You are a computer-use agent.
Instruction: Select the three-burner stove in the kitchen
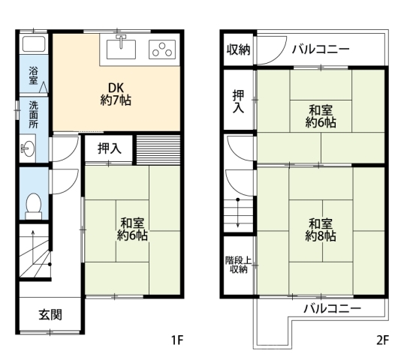[x=162, y=49]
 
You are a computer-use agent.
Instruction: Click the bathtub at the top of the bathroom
[x=34, y=44]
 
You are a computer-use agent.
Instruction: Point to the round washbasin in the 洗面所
[x=28, y=148]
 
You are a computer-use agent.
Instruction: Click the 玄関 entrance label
[x=50, y=315]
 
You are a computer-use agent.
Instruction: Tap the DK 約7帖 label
[x=116, y=94]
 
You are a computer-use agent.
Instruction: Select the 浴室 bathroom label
[x=34, y=76]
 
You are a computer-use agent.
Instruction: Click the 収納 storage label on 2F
[x=238, y=49]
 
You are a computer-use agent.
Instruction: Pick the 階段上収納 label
[x=239, y=265]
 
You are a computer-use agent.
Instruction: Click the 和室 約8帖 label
[x=321, y=230]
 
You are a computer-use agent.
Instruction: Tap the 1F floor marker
[x=177, y=340]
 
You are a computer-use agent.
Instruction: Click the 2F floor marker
[x=383, y=340]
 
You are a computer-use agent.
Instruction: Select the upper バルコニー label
[x=321, y=49]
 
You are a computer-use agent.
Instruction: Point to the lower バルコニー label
[x=332, y=309]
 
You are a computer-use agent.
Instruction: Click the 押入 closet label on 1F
[x=110, y=148]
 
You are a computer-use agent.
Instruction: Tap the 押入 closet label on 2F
[x=239, y=101]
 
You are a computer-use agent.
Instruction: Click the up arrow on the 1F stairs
[x=33, y=247]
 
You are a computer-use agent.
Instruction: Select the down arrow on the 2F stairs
[x=238, y=213]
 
